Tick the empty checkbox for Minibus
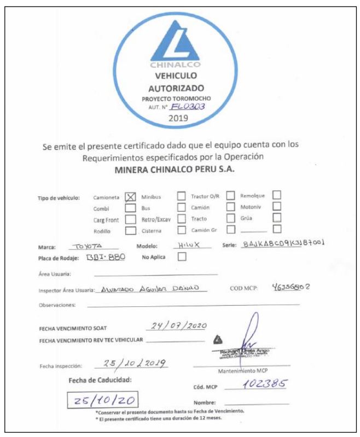point(181,195)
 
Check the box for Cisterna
point(181,230)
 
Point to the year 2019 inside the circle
point(180,117)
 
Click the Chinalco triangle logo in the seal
point(180,44)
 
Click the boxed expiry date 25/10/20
point(102,399)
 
